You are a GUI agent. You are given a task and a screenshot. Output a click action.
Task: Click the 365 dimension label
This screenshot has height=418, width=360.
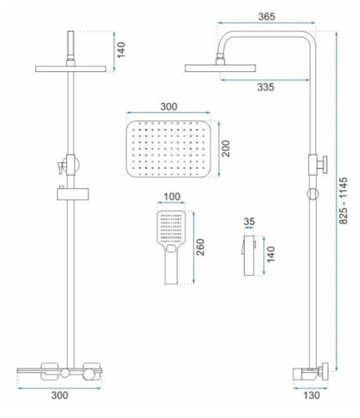(x=266, y=17)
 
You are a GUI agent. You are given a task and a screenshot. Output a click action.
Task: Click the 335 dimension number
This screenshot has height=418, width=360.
(x=266, y=87)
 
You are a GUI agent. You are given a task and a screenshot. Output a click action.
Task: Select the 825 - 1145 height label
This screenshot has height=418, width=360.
(x=343, y=201)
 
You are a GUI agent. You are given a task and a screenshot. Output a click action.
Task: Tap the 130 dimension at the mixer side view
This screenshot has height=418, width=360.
(x=312, y=395)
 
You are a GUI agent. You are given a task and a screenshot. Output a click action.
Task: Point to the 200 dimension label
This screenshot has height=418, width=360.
(x=226, y=149)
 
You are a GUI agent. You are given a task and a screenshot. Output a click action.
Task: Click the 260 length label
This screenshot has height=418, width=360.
(x=200, y=247)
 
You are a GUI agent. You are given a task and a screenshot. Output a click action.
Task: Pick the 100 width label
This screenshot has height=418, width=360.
(x=172, y=196)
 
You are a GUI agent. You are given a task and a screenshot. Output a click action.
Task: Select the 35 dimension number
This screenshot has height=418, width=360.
(x=249, y=222)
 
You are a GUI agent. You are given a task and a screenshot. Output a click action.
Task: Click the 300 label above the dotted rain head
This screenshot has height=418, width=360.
(x=169, y=106)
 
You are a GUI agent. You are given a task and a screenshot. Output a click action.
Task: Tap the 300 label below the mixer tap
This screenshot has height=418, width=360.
(x=59, y=395)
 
